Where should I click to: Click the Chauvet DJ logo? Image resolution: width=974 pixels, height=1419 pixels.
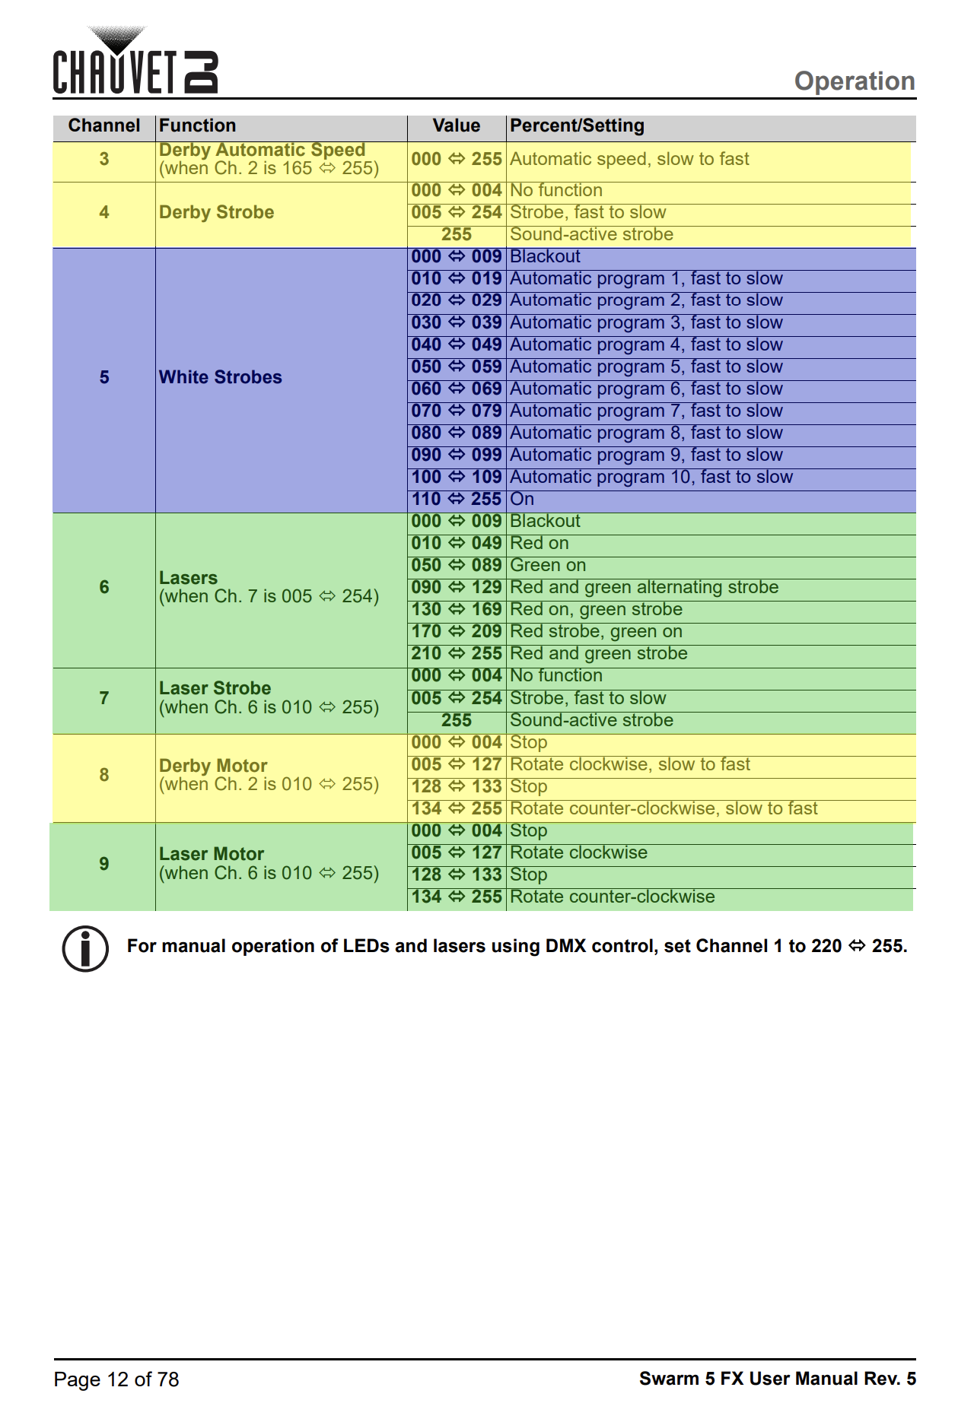point(135,64)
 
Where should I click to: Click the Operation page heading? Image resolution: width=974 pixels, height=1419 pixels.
point(854,81)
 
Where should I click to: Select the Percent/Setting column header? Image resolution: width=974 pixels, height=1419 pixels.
point(577,125)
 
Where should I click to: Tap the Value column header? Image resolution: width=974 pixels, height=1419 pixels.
point(457,125)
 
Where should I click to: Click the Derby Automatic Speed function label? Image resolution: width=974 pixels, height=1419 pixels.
point(262,151)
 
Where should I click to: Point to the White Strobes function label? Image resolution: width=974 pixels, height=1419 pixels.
point(221,377)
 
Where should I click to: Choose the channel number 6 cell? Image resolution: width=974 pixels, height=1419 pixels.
point(104,587)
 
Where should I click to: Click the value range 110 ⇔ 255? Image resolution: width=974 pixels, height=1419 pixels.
point(457,500)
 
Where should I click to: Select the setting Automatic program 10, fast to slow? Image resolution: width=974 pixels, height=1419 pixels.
point(651,478)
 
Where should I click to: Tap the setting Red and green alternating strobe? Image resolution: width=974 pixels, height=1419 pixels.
point(644,588)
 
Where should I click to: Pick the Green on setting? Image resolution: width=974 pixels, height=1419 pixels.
point(548,566)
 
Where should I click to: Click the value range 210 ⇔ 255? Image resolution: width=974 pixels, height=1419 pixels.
point(457,654)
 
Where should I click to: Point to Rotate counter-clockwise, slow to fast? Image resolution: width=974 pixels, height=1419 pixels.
point(664,808)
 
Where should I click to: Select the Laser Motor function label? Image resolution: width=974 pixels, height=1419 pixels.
point(212,854)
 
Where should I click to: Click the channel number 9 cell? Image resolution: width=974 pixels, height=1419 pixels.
point(104,864)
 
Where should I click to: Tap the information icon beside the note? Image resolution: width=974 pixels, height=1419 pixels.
point(85,948)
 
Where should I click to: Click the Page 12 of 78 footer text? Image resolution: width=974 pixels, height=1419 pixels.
point(116,1379)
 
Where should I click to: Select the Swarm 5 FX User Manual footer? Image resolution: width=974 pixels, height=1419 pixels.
point(777,1379)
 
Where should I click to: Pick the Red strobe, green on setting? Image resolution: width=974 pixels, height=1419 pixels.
point(596,632)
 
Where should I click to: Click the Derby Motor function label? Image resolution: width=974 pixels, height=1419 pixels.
point(213,766)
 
